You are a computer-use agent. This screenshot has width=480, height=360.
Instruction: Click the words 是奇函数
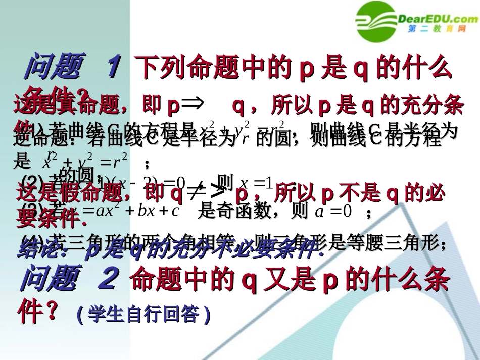click(237, 212)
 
